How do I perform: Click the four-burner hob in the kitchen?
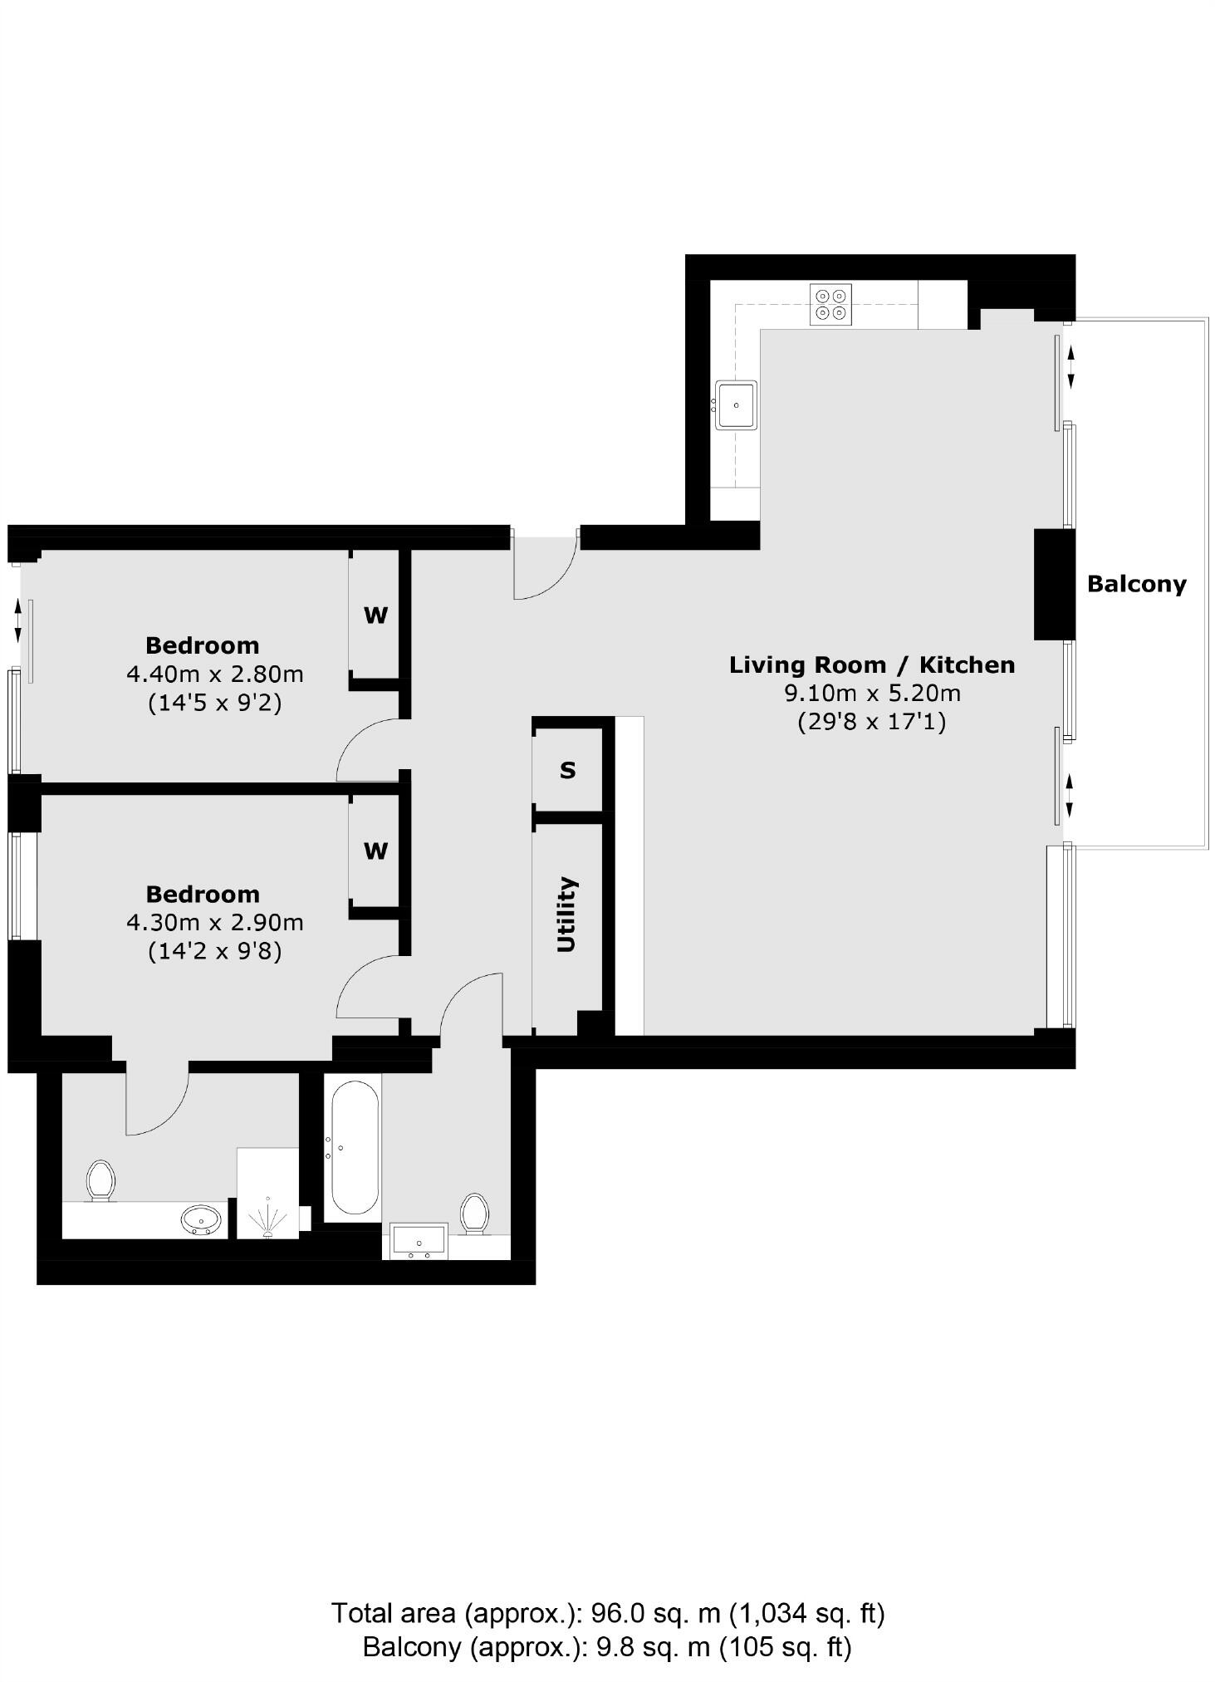tap(831, 304)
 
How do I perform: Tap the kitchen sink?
tap(736, 405)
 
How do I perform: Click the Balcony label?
tap(1136, 584)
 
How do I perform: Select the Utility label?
tap(566, 914)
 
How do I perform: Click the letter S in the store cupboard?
tap(567, 771)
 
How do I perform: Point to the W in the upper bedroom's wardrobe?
tap(375, 615)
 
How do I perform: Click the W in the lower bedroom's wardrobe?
tap(375, 851)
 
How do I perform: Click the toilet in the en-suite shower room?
tap(100, 1180)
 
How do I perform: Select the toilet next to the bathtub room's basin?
tap(474, 1213)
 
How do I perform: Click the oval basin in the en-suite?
tap(202, 1220)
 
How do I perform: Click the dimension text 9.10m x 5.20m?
tap(872, 693)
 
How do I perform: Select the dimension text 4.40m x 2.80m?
tap(214, 674)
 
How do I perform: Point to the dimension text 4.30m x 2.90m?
tap(214, 922)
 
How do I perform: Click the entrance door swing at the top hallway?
tap(544, 569)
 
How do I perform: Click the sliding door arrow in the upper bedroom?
tap(18, 622)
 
